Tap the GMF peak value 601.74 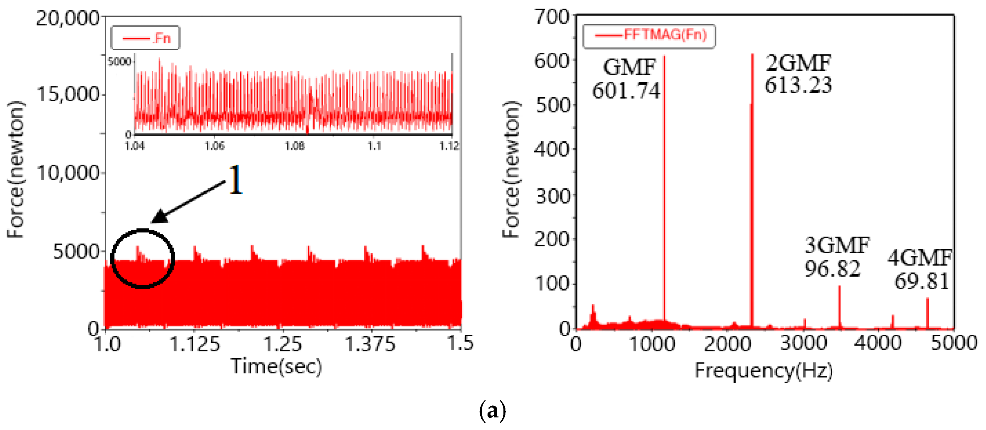coord(626,91)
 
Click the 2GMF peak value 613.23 coord(798,85)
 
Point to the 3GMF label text coord(837,245)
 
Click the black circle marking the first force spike coord(142,258)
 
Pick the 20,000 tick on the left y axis coord(68,18)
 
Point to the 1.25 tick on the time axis coord(283,343)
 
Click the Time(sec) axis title coord(276,366)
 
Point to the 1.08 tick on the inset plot coord(294,146)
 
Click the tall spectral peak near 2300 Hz coord(752,191)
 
